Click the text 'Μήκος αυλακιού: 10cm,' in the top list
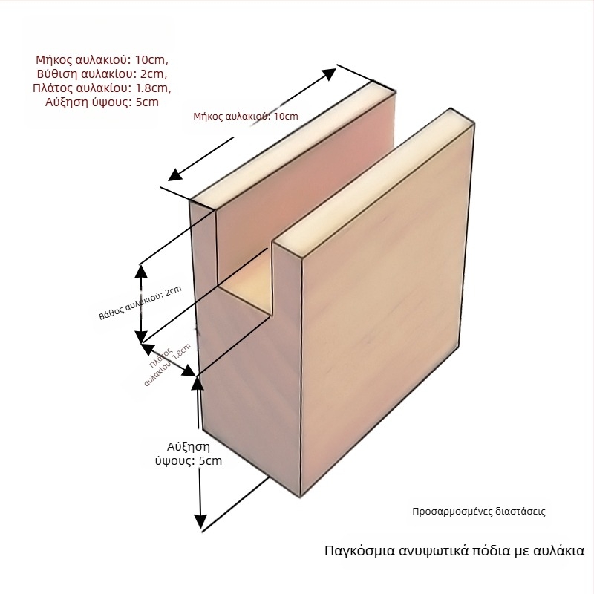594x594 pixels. tap(102, 60)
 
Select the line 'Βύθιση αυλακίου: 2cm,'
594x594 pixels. tap(102, 74)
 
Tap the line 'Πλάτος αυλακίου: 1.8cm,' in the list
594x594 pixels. tap(102, 88)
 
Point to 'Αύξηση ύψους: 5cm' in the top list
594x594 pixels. tap(102, 102)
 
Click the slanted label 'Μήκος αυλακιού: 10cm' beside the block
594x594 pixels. tap(246, 117)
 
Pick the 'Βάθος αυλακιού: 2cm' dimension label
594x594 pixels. tap(140, 303)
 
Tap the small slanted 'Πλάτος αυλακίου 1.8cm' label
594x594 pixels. tap(167, 365)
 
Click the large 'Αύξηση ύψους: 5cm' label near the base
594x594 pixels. tap(189, 454)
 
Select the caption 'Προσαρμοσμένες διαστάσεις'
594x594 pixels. tap(479, 512)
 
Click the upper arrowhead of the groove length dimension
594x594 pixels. tap(329, 74)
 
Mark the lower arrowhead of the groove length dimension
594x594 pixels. tap(176, 174)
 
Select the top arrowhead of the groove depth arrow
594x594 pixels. tap(141, 272)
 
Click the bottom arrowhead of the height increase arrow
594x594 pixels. tap(200, 522)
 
